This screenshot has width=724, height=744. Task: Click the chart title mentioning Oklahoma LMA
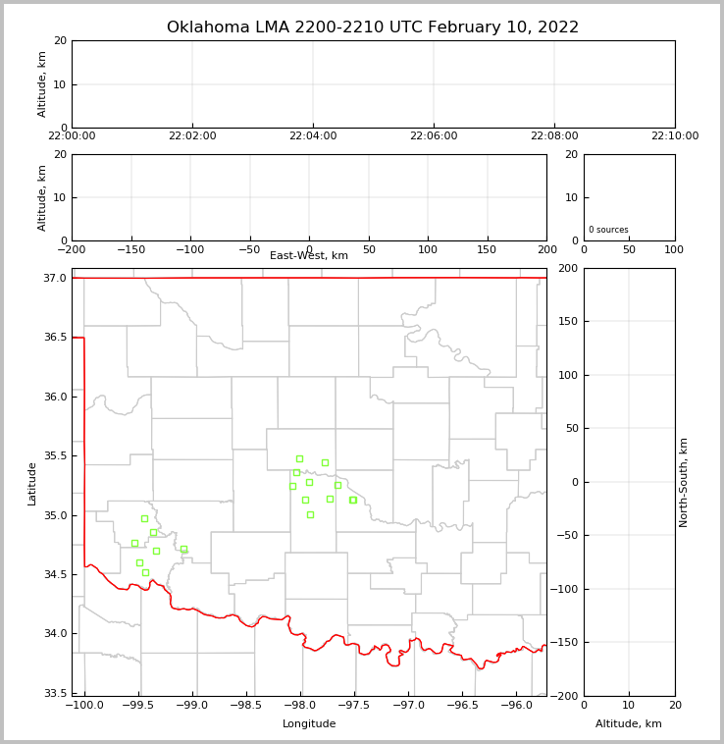[373, 27]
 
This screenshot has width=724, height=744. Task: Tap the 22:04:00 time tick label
[313, 136]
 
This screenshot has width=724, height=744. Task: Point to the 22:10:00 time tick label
[675, 136]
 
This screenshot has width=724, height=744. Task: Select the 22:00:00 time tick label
[72, 136]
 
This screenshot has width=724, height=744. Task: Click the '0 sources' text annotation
[608, 230]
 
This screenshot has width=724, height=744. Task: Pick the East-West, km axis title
[309, 256]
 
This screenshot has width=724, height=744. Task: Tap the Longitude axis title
[309, 724]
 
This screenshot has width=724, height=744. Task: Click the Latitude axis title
[32, 483]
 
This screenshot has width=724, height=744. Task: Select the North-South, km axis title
[685, 482]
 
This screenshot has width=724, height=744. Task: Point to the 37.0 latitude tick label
[54, 279]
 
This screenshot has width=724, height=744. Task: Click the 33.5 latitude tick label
[54, 693]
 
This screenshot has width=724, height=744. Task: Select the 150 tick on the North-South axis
[567, 321]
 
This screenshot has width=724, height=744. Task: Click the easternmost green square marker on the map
[353, 500]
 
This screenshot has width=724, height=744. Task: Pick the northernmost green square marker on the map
[299, 458]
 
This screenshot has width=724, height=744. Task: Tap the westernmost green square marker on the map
[134, 543]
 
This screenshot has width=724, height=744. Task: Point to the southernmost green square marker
[145, 572]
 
